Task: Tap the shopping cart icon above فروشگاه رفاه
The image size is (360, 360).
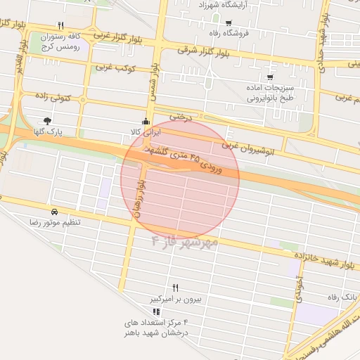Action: click(229, 23)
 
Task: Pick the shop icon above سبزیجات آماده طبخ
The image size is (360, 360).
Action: click(270, 77)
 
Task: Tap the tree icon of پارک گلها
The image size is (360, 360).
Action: click(47, 121)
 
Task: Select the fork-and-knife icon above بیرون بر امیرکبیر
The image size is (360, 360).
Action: click(176, 288)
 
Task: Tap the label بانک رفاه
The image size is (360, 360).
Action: click(341, 297)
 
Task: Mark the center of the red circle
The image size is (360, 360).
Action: click(181, 179)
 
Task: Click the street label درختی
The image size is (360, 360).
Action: click(181, 116)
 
